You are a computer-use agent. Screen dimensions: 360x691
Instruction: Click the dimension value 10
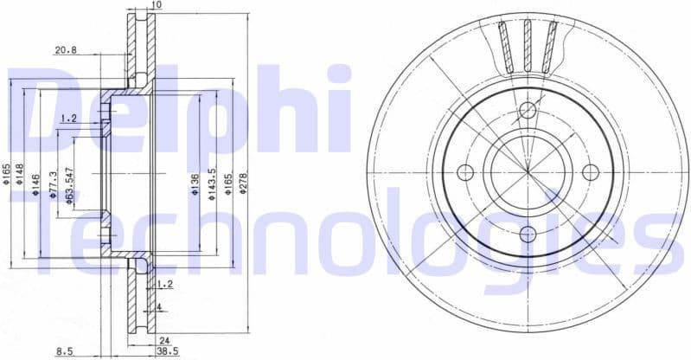(x=156, y=6)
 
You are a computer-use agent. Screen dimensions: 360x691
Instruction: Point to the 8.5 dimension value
(x=64, y=350)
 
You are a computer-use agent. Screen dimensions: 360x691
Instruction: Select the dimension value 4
(x=159, y=306)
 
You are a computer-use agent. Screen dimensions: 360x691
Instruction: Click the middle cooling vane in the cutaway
(x=526, y=43)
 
